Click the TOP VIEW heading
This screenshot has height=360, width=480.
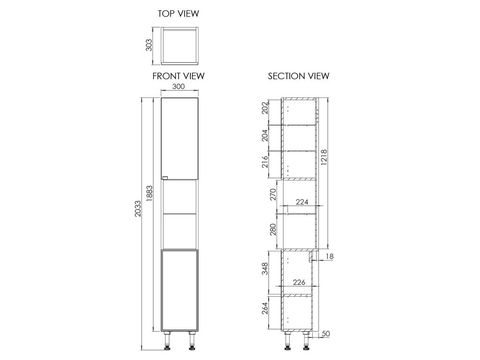[179, 14]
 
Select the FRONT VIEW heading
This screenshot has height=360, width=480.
[179, 76]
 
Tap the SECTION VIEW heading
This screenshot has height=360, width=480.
[299, 76]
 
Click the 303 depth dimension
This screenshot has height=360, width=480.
[149, 45]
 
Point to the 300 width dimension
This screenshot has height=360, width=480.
[179, 86]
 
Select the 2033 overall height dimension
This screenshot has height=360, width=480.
[138, 209]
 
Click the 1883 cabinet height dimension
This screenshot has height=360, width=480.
[150, 194]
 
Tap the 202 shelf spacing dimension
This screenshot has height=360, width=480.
[265, 108]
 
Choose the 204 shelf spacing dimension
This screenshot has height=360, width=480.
[265, 135]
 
